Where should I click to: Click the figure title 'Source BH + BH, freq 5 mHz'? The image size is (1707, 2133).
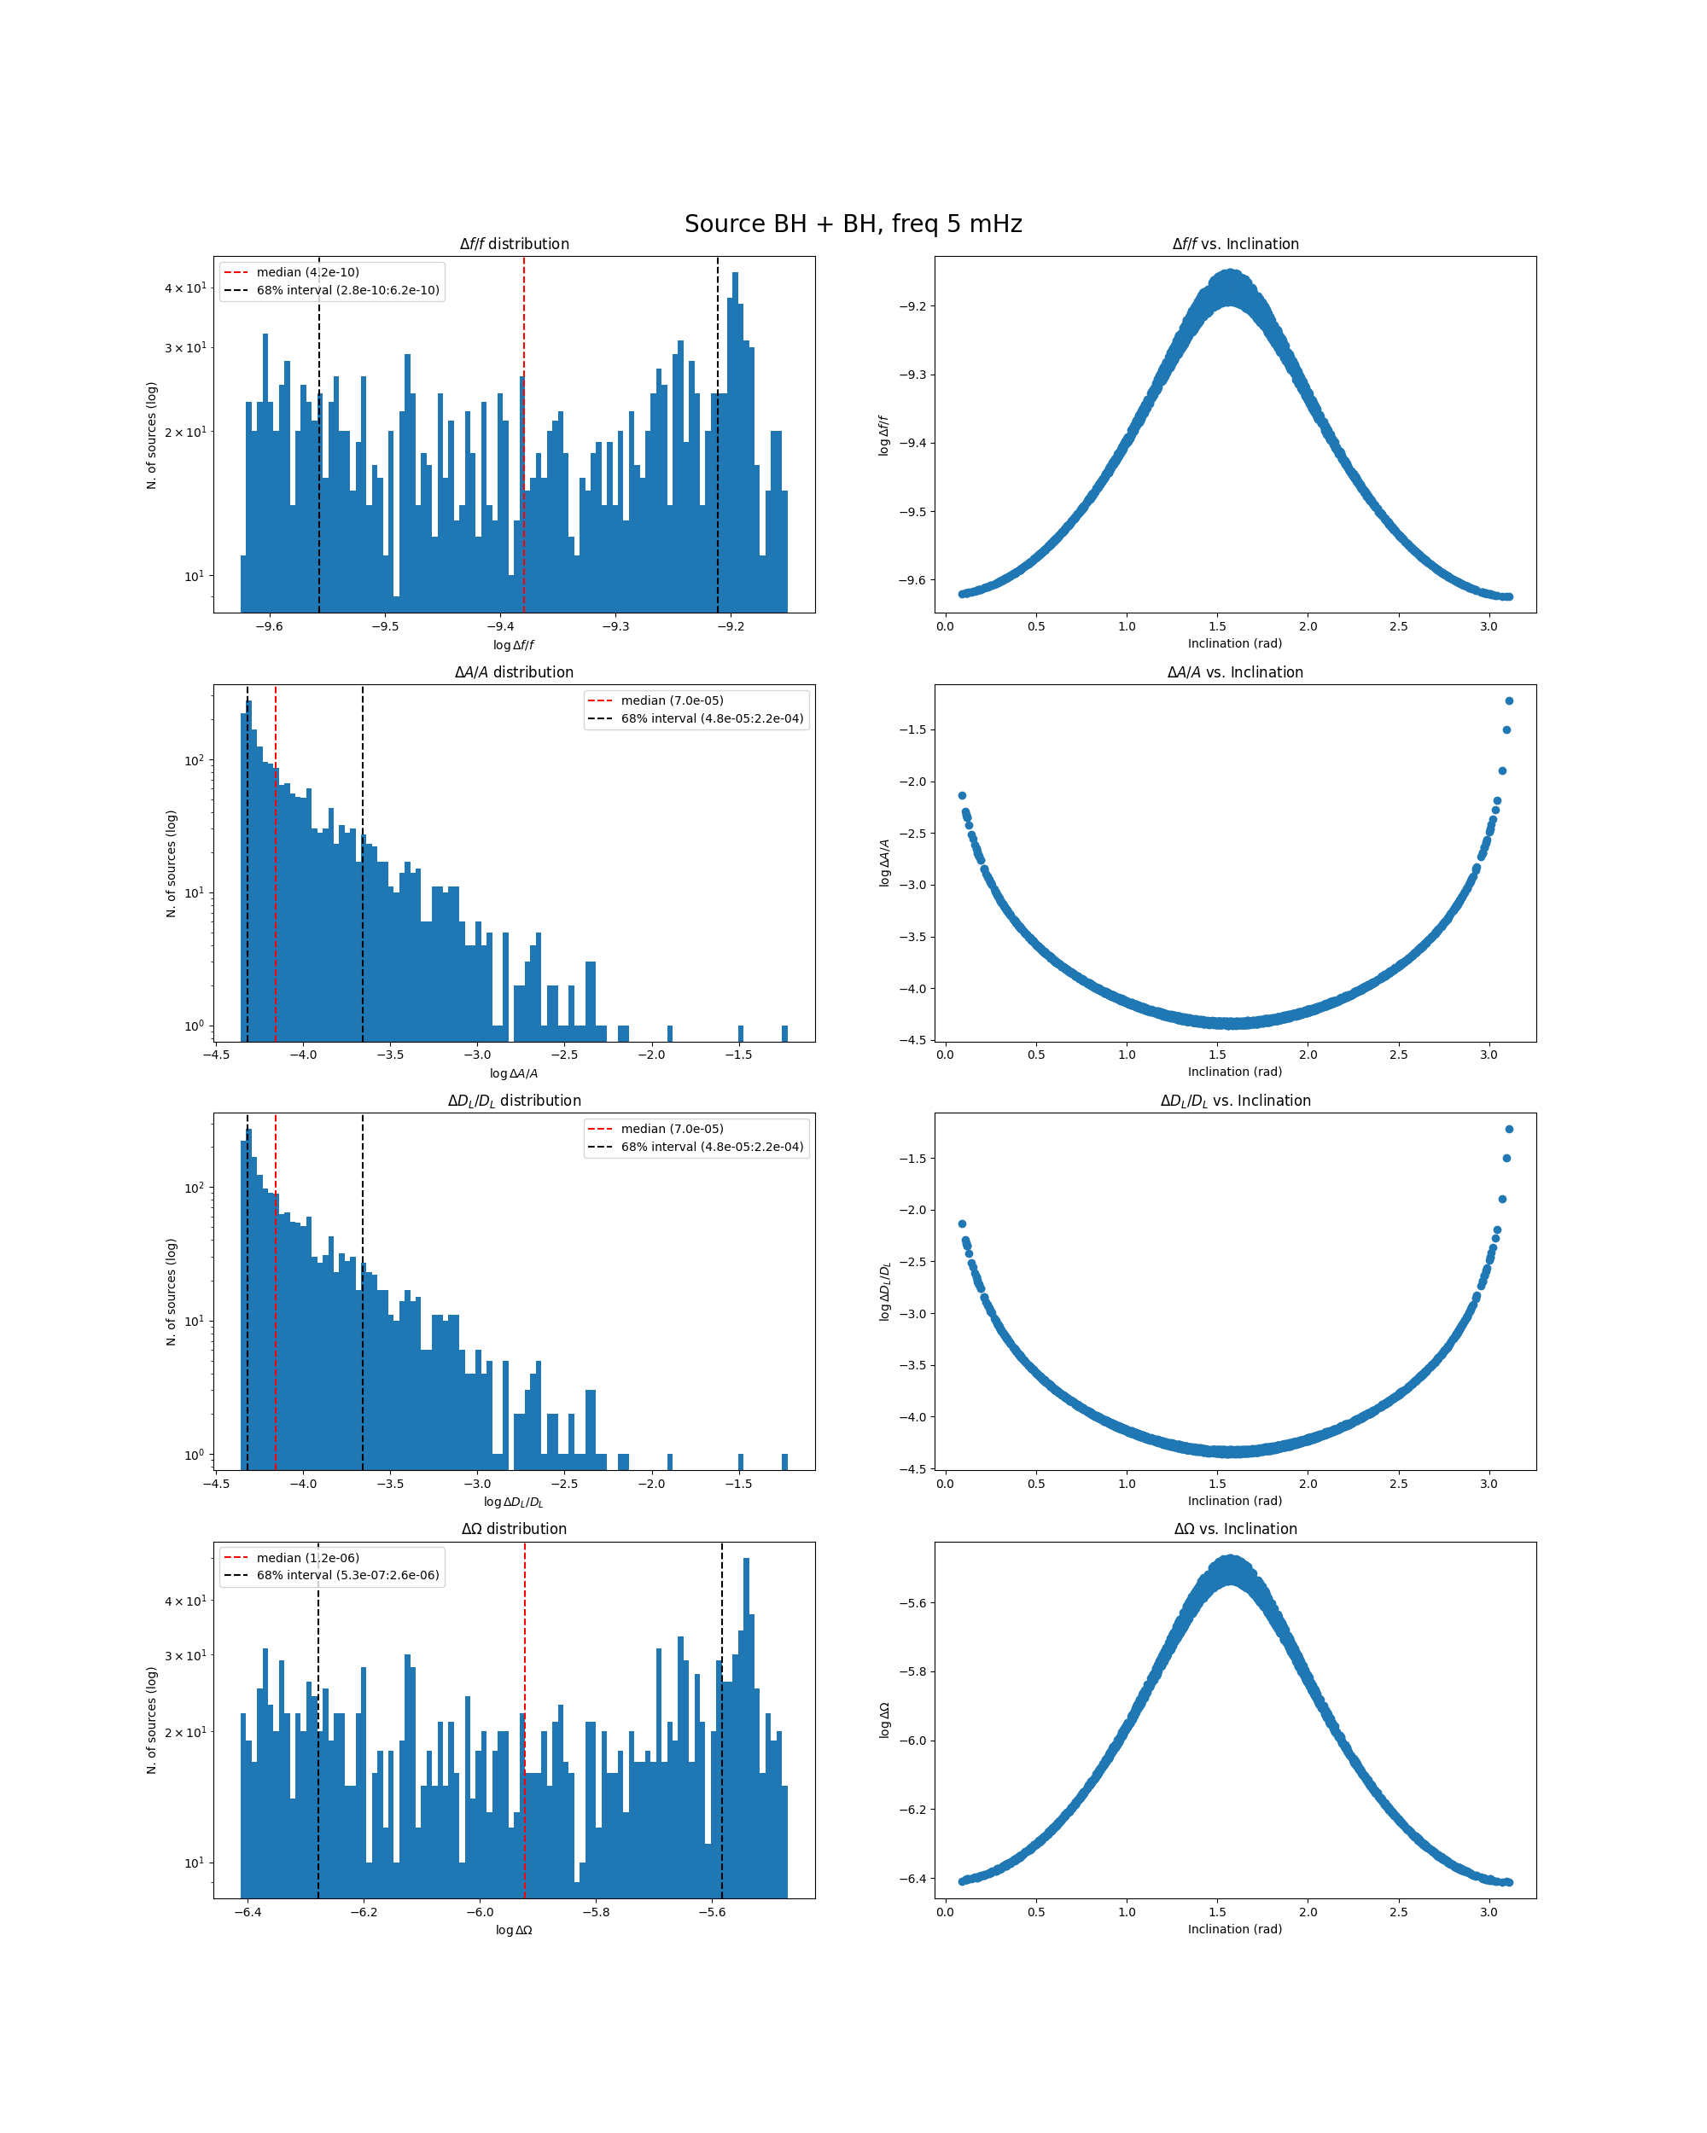[x=853, y=224]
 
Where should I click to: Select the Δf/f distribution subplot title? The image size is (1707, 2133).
[x=514, y=244]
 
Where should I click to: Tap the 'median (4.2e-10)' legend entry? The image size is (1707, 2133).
[x=306, y=272]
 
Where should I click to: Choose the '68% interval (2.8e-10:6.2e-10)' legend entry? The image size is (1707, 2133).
[x=347, y=291]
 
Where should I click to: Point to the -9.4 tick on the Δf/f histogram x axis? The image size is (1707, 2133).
[x=500, y=626]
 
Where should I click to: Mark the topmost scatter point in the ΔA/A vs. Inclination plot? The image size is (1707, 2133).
[x=1509, y=700]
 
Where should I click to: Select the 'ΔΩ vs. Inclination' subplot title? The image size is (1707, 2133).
[x=1235, y=1529]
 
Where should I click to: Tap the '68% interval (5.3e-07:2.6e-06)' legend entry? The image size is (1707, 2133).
[x=347, y=1575]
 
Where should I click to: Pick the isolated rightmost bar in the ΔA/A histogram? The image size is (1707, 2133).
[x=784, y=1033]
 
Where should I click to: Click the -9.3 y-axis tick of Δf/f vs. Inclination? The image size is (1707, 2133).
[x=912, y=375]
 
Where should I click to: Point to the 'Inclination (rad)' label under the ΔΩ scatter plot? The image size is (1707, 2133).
[x=1235, y=1929]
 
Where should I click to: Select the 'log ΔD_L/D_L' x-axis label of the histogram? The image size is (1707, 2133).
[x=514, y=1502]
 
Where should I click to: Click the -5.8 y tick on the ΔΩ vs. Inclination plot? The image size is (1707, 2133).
[x=912, y=1672]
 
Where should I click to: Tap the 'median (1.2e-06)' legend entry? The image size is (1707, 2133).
[x=306, y=1557]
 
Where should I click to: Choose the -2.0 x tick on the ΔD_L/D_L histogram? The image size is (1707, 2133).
[x=651, y=1483]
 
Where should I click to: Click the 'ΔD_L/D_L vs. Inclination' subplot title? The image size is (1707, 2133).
[x=1235, y=1100]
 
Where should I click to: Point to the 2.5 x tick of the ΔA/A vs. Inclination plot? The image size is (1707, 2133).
[x=1398, y=1055]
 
